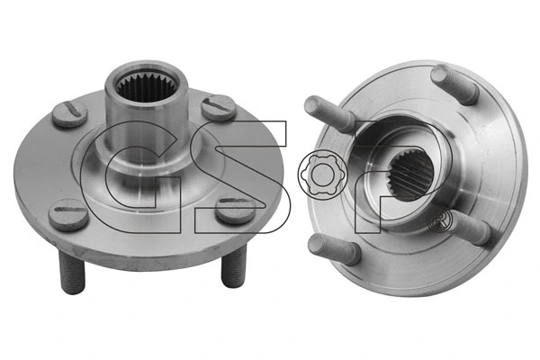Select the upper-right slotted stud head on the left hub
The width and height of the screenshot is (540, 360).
219,107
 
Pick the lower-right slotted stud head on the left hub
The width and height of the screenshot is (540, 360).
236,210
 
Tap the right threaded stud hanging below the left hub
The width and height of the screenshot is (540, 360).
233,265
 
